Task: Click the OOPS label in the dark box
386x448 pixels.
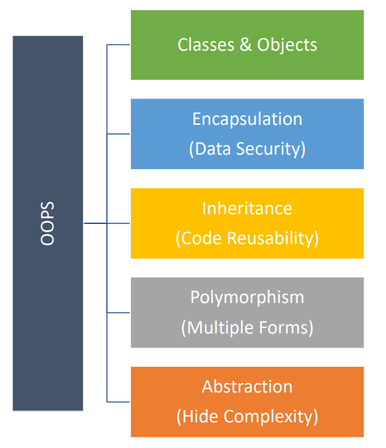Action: tap(47, 223)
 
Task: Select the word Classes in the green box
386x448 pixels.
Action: tap(206, 45)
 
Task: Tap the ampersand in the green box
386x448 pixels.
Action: tap(245, 44)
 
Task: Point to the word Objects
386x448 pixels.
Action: tap(287, 45)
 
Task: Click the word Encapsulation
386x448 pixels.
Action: tap(247, 119)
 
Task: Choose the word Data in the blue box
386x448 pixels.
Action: tap(213, 149)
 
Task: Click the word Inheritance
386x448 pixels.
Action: tap(247, 208)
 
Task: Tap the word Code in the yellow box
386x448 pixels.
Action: tap(201, 239)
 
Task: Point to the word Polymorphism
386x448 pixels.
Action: tap(247, 298)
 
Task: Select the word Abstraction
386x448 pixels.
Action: tap(247, 387)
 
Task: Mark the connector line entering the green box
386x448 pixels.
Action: tap(119, 44)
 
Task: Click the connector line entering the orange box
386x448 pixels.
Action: tap(119, 402)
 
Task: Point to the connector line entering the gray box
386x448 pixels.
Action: tap(119, 313)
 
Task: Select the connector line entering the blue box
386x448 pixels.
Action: tap(119, 134)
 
